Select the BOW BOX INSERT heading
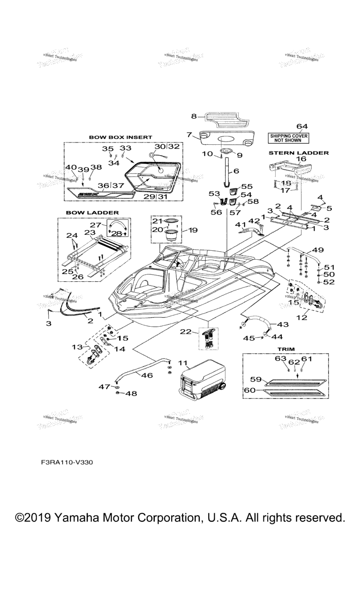(120, 137)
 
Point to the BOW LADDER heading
(92, 212)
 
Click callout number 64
(302, 126)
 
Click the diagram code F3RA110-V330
(67, 462)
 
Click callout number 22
(186, 332)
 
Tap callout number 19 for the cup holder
(193, 230)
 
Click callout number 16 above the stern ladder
(300, 159)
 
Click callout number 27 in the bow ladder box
(95, 225)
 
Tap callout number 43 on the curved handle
(284, 324)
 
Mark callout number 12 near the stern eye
(301, 318)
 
